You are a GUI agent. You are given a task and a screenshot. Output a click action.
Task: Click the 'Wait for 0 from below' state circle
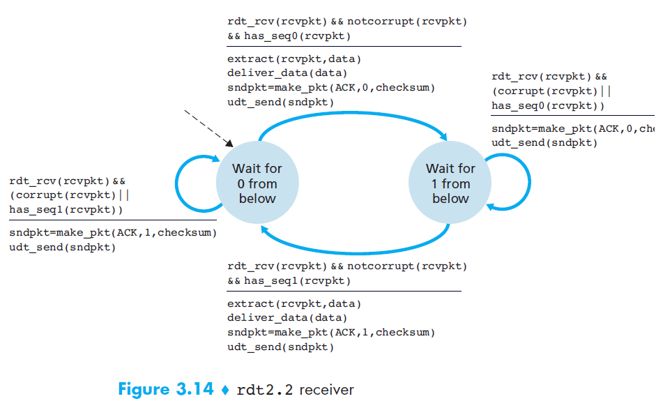coord(257,183)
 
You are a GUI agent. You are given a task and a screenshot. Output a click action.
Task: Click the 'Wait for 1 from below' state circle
coord(450,183)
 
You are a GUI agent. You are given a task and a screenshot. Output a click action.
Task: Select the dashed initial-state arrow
coord(208,128)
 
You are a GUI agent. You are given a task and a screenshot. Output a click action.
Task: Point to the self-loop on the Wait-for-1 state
coord(507,183)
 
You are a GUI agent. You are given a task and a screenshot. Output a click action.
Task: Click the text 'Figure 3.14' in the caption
coord(166,389)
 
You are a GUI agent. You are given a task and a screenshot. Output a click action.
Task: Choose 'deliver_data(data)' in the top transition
coord(287,73)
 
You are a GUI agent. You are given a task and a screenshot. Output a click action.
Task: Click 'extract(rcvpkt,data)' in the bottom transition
coord(294,303)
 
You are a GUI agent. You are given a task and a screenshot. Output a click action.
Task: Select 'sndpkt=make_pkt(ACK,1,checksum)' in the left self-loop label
coord(113,232)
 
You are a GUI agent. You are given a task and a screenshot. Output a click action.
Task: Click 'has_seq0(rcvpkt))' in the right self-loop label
coord(548,105)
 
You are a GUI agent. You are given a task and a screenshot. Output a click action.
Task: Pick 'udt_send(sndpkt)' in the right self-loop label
coord(544,142)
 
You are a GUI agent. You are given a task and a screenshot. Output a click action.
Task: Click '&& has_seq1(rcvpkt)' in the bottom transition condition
coord(289,280)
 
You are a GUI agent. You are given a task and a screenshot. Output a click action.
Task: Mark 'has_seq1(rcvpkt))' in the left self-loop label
coord(66,209)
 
